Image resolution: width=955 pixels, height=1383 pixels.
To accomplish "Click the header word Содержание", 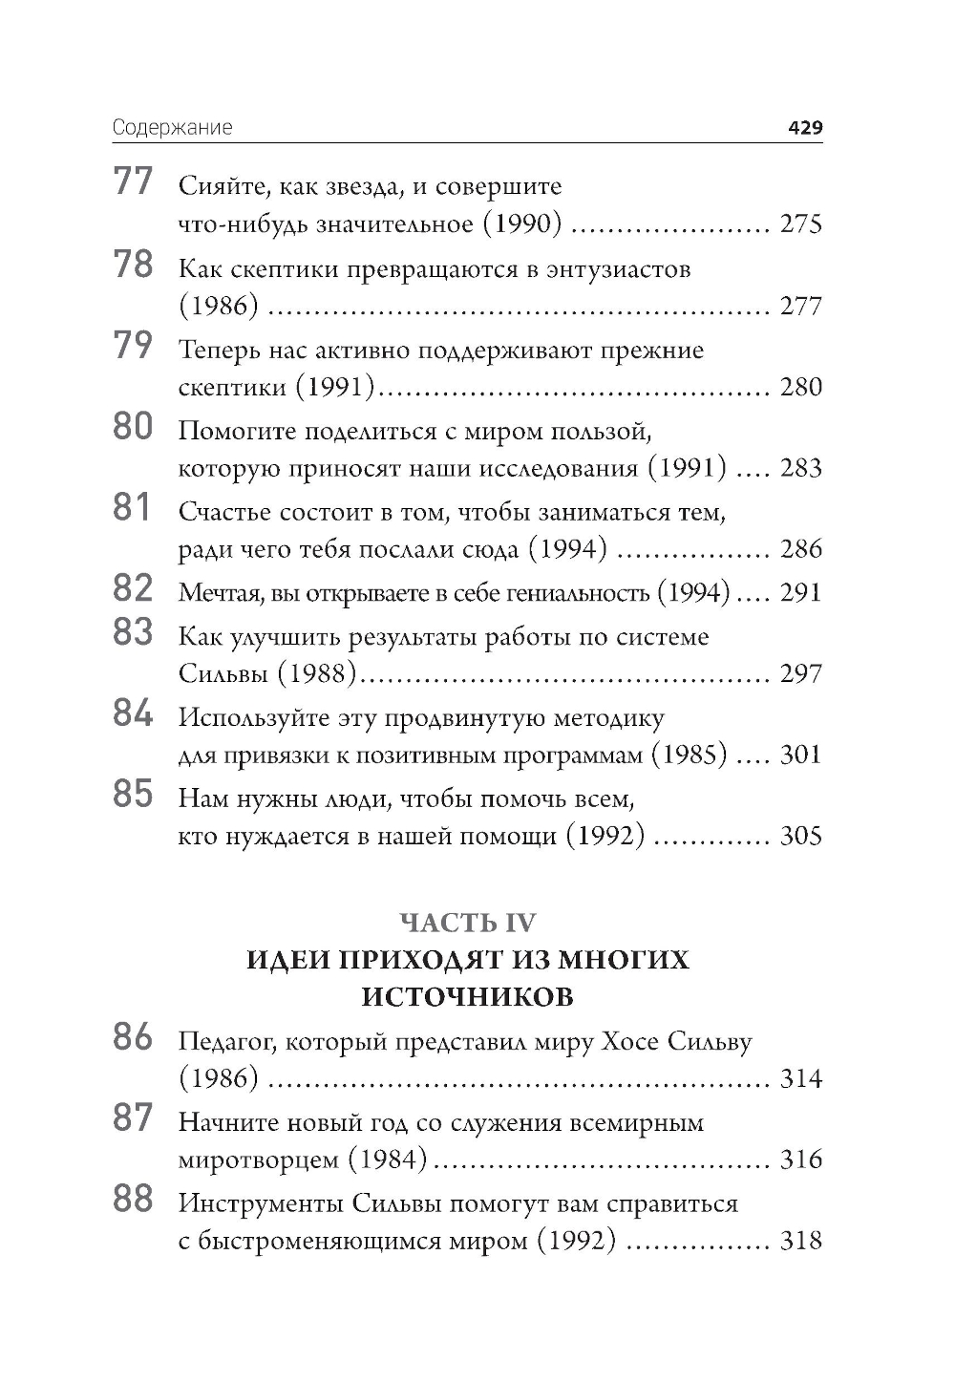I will pos(172,128).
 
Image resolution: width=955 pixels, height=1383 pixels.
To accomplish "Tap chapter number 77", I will pos(133,181).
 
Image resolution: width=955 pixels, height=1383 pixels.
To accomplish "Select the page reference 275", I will pos(800,225).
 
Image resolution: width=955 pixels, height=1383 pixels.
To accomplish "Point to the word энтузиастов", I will pos(619,269).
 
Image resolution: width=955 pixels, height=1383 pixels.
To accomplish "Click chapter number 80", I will pos(133,426).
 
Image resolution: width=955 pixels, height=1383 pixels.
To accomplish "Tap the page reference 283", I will pos(800,469).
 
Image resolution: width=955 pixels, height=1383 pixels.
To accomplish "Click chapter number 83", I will pos(133,632).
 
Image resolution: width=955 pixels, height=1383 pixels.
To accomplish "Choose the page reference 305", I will pos(800,837).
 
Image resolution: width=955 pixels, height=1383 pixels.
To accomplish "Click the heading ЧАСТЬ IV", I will pos(468,923).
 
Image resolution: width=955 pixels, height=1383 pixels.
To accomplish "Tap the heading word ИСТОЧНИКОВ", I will pos(468,997).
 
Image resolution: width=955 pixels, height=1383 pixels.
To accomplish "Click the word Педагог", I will pos(226,1041).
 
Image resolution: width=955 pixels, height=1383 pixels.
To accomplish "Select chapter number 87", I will pos(133,1117).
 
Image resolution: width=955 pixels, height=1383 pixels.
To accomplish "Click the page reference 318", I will pos(800,1242).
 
